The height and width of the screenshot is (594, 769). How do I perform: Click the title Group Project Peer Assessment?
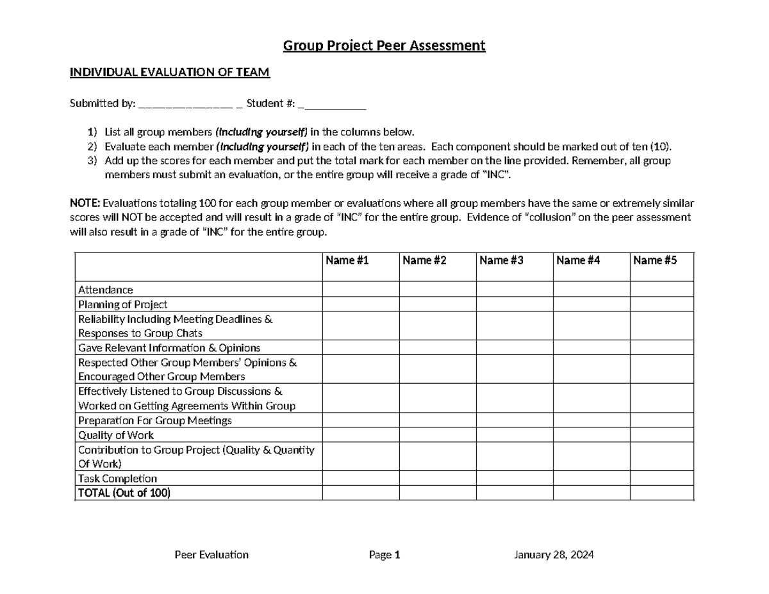pos(384,45)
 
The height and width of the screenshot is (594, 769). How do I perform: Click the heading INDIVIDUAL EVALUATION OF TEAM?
pos(170,72)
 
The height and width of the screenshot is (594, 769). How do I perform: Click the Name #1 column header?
pos(347,260)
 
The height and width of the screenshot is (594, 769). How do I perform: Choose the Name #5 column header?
pos(654,260)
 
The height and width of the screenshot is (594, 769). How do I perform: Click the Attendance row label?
pos(106,290)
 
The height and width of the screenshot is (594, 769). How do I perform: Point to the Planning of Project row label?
pos(122,304)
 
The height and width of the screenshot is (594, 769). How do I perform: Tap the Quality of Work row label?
pos(116,435)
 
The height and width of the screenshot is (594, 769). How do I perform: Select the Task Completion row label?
pos(117,479)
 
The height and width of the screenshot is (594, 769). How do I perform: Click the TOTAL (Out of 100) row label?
pos(124,493)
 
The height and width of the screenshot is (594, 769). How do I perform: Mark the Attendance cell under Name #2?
pos(437,290)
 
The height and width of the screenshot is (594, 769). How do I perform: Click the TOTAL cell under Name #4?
pos(591,493)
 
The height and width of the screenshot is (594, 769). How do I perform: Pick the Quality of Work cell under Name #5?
pos(661,435)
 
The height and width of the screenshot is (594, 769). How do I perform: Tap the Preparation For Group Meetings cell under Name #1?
pos(360,421)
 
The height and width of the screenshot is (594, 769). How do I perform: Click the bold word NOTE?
pos(85,204)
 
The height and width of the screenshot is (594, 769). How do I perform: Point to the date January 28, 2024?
pos(554,555)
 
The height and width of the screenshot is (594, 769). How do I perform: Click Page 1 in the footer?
pos(384,555)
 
